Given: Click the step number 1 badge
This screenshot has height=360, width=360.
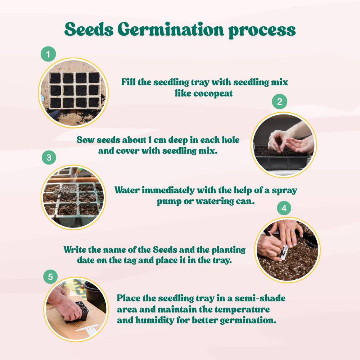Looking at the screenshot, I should click(48, 54).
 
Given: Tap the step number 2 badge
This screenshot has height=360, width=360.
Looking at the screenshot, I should click(279, 102).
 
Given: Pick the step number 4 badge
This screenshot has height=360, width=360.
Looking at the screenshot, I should click(284, 208).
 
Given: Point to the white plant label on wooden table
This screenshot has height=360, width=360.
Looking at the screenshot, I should click(87, 329).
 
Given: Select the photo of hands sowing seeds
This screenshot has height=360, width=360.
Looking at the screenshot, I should click(283, 144).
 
